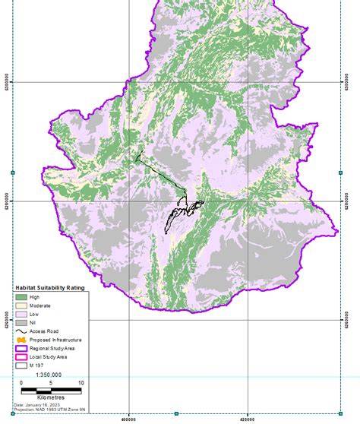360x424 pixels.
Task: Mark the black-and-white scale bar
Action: (51, 390)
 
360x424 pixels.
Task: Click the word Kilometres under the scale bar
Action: (50, 397)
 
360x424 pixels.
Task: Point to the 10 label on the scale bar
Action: (81, 383)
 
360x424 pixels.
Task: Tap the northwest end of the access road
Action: (137, 159)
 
